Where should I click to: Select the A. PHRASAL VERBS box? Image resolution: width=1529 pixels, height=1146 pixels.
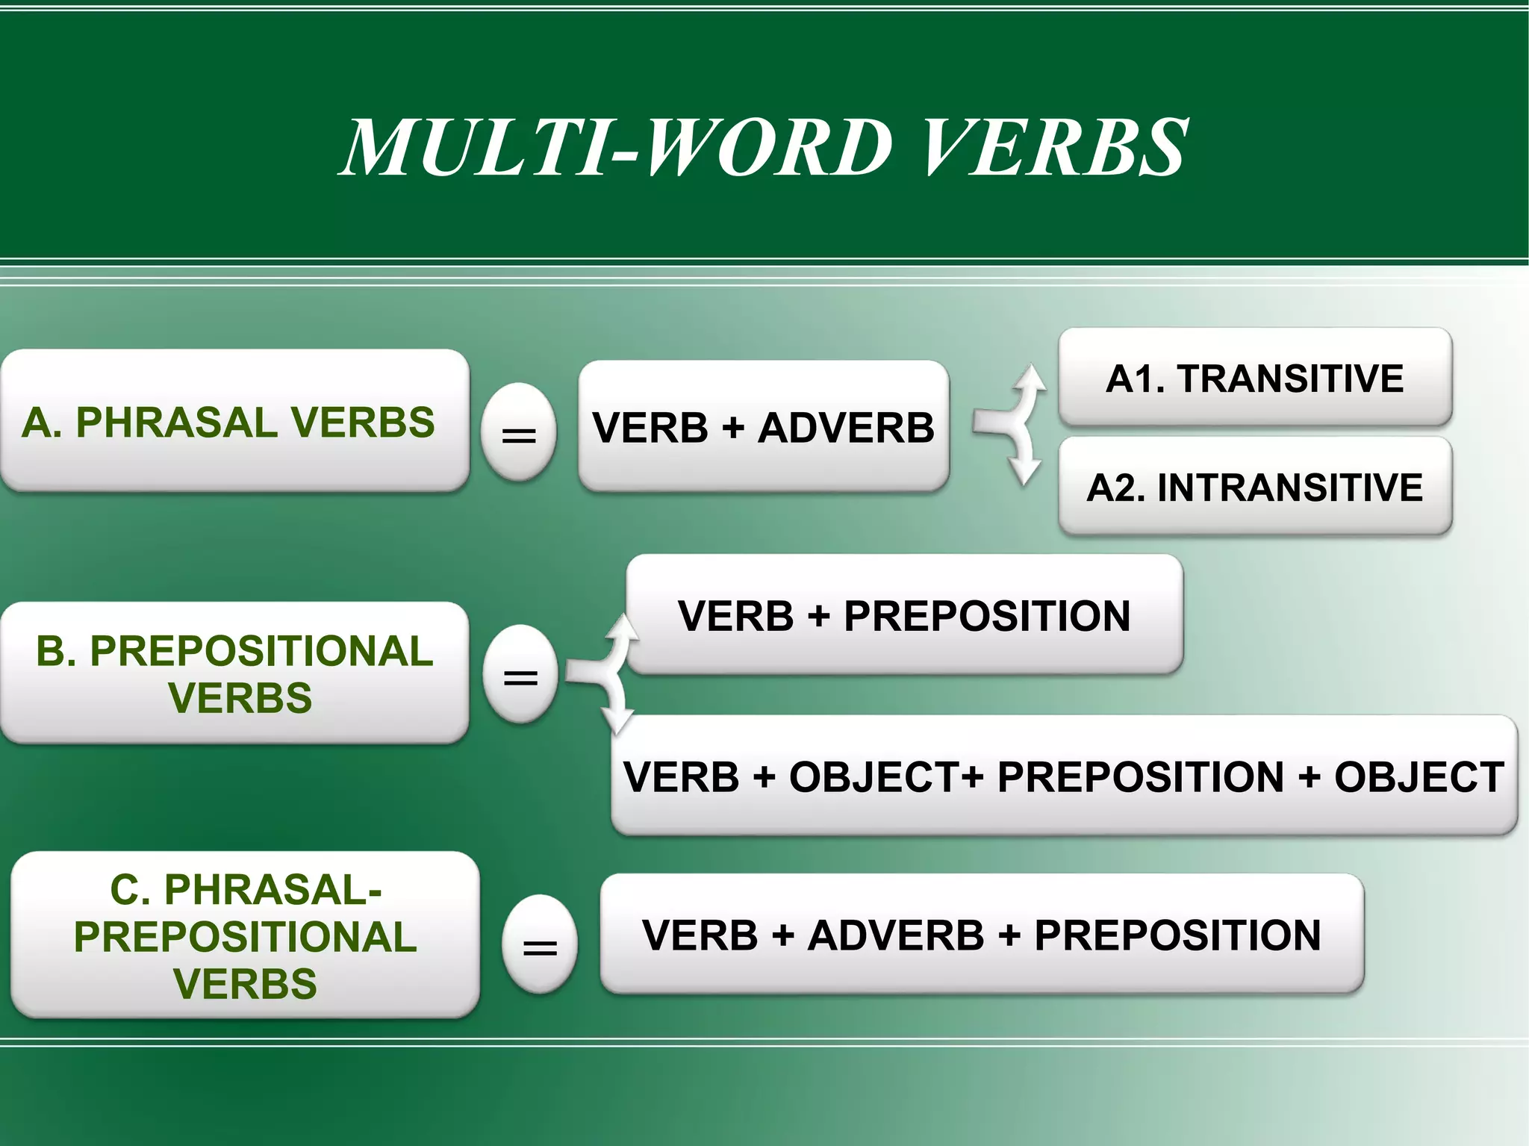point(234,421)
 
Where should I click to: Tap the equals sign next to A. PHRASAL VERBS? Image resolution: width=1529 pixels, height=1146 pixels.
point(519,434)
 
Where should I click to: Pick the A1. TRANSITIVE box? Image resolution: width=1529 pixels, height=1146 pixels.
point(1255,378)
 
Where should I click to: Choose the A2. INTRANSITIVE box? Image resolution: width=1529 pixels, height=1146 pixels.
point(1255,488)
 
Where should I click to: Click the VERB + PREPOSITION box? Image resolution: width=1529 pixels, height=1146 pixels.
point(904,615)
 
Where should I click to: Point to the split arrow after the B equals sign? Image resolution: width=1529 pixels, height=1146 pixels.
point(602,672)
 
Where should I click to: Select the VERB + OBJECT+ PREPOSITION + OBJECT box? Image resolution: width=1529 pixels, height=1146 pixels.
point(1064,776)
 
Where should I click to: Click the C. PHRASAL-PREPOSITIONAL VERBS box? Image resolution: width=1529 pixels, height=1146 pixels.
point(245,935)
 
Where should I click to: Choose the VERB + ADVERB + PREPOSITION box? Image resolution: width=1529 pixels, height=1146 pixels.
point(981,935)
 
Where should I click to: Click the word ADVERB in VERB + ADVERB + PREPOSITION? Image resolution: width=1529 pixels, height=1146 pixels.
point(896,935)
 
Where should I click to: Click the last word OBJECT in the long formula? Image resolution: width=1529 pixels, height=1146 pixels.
point(1419,776)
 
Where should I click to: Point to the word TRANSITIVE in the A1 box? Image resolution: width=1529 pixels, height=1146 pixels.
point(1290,378)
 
